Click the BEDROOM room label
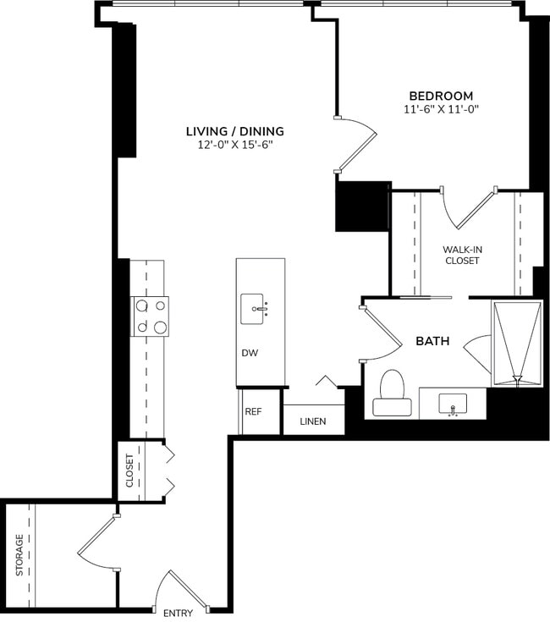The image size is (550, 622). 441,96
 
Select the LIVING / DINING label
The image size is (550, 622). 234,131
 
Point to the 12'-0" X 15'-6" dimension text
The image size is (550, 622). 234,145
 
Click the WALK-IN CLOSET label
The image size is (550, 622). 461,255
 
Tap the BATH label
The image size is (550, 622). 432,341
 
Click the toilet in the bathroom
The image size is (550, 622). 392,394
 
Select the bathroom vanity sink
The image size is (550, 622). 453,405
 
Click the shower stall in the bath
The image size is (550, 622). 516,343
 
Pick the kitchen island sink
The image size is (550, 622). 255,309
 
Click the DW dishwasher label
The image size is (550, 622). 250,351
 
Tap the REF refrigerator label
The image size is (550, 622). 253,411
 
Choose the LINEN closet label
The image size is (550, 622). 311,421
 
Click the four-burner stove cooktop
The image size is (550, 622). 149,317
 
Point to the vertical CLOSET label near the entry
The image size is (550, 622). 129,471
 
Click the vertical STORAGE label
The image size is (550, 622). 19,555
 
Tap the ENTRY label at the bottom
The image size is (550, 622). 179,613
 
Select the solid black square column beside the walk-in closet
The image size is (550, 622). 362,206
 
